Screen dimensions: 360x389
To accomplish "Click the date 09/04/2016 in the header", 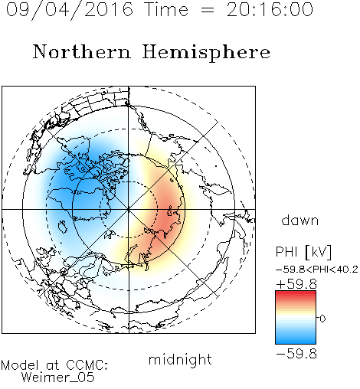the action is coord(70,9).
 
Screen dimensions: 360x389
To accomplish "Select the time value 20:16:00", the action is coord(270,9).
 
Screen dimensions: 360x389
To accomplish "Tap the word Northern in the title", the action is coord(82,52).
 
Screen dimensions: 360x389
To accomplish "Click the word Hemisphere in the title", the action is coord(206,53).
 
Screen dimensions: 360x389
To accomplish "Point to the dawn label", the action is coord(300,220).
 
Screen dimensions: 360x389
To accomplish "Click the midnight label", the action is coord(180,360).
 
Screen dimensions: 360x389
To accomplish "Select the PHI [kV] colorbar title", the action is coord(304,252).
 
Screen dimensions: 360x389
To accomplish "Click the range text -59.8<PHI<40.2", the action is coord(317,270).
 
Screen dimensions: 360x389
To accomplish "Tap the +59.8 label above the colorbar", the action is coord(296,284).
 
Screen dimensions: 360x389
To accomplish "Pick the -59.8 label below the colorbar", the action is coord(296,354).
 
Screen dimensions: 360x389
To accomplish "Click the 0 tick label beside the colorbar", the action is coord(322,319).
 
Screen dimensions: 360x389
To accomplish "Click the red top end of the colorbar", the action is coord(296,293).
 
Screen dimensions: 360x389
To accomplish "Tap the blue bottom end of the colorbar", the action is coord(296,342).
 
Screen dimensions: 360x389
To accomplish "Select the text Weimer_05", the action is coord(58,377).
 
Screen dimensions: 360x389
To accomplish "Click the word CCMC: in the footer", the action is coord(87,365).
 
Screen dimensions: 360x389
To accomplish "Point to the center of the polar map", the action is coord(129,210).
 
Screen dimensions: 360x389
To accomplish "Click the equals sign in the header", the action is coord(207,10).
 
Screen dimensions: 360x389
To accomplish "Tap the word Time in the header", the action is coord(166,9).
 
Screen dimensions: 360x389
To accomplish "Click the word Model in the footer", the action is coord(20,365).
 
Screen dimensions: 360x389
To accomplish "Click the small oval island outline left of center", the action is coord(63,227).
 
